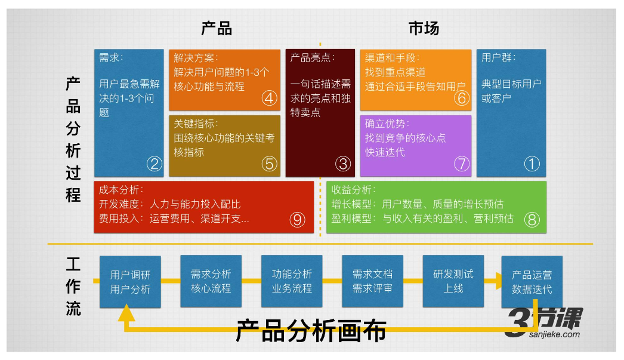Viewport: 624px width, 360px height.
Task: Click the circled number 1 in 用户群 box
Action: (x=532, y=164)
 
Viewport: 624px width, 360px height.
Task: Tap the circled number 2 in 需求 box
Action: (x=155, y=164)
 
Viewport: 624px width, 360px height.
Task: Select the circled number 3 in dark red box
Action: (x=342, y=164)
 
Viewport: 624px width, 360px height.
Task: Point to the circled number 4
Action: (x=269, y=98)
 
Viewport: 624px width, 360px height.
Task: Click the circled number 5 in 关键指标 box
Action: (x=269, y=164)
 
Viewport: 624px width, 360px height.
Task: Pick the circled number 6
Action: (x=462, y=98)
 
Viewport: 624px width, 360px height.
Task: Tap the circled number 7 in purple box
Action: (x=462, y=164)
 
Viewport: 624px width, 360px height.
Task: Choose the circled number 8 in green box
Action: (x=532, y=220)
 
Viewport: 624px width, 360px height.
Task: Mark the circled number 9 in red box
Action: (x=297, y=220)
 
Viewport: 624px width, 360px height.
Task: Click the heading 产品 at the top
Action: (x=216, y=28)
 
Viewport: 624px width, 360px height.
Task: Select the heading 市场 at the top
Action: (x=424, y=28)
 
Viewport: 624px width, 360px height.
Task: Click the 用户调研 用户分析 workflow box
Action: (x=130, y=282)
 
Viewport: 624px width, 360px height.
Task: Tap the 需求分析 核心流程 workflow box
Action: (x=211, y=281)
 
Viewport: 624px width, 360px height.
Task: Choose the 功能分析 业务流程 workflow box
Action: (x=292, y=281)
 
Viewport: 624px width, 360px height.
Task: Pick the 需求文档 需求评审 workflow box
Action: (x=372, y=281)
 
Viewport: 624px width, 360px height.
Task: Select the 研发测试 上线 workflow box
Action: (x=453, y=281)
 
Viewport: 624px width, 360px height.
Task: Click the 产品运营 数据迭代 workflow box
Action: (x=532, y=282)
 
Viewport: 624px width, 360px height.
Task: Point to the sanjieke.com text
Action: (x=554, y=334)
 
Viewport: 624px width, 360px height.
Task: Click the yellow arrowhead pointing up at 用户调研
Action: (x=126, y=312)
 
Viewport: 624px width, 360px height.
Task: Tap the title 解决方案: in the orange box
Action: (x=196, y=58)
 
